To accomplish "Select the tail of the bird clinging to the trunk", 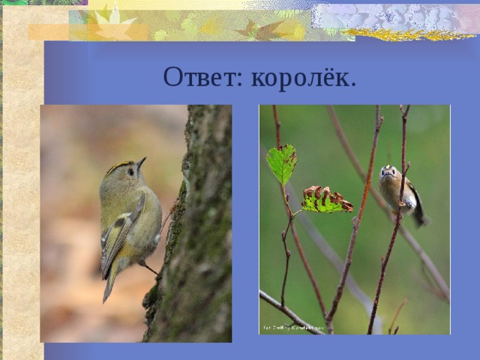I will pyautogui.click(x=109, y=285).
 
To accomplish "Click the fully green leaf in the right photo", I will pyautogui.click(x=281, y=163).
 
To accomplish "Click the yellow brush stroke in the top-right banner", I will pyautogui.click(x=409, y=34).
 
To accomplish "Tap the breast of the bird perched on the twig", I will pyautogui.click(x=391, y=190).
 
